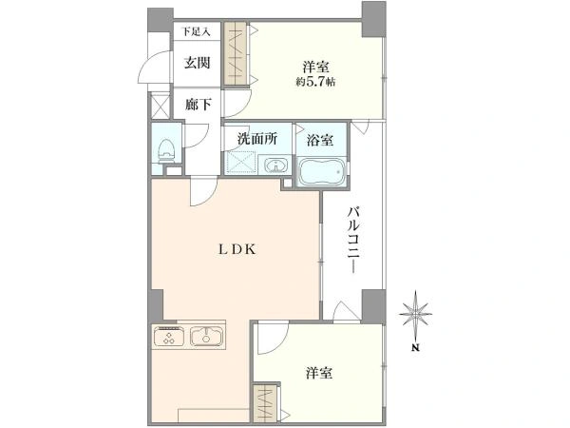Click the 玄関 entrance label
coord(197,63)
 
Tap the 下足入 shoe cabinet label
coord(197,31)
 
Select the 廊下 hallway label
coord(199,105)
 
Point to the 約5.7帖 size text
coord(315,82)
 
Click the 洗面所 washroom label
coord(257,139)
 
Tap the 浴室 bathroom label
coord(320,140)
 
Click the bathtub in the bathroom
coord(321,172)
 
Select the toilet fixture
coord(166,151)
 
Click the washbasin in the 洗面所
coord(275,165)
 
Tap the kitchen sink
coord(206,337)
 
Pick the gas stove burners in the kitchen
coord(169,337)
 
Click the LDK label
coord(237,249)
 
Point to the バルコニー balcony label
coord(352,240)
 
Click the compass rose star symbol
coord(415,313)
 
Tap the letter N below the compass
coord(416,347)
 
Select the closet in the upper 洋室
coord(236,54)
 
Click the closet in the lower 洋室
coord(265,403)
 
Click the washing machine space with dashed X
coord(240,163)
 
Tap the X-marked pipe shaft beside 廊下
coord(161,106)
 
